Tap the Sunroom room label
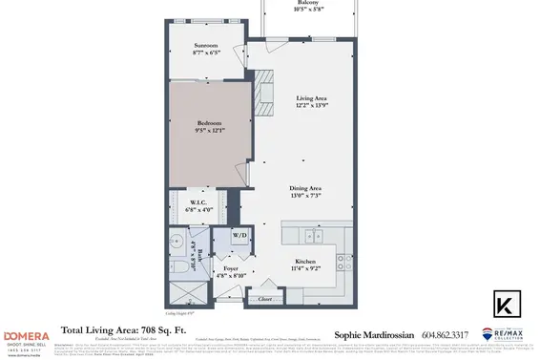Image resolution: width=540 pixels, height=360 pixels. click(x=206, y=45)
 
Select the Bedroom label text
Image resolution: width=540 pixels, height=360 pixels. click(x=210, y=122)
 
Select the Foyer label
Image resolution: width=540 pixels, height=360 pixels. click(x=231, y=269)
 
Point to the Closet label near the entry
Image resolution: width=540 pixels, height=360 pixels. click(x=263, y=298)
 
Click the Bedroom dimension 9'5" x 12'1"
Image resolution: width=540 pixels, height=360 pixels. click(x=210, y=130)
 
